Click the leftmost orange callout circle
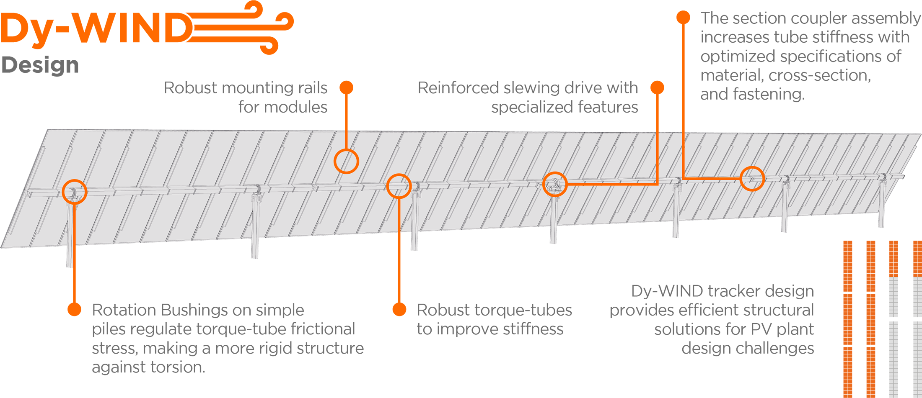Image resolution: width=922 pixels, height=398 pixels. coord(75,191)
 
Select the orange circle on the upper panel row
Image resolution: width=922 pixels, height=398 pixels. coord(346,161)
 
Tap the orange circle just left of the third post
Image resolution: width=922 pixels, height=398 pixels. coord(399,186)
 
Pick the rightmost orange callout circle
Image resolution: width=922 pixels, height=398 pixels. coord(752,179)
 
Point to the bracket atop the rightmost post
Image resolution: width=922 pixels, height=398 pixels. coord(883,179)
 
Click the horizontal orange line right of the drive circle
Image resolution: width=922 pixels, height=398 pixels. coord(612,183)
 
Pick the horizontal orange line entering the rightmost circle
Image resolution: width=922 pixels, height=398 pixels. coord(712,179)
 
